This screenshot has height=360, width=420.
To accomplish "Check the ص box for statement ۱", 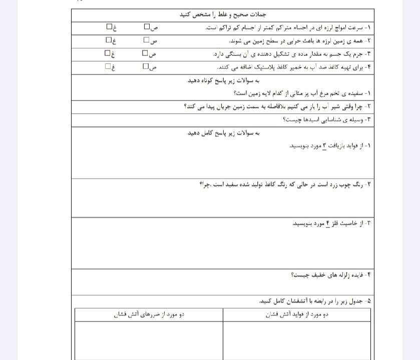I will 147,26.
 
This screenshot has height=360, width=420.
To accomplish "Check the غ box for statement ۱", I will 109,26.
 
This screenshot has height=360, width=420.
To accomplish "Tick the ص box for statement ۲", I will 146,39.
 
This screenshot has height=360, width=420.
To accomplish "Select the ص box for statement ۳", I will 145,52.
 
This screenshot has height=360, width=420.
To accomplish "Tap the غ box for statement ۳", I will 108,52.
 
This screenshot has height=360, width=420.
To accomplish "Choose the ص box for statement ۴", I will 146,66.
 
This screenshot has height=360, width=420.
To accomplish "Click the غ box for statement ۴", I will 108,66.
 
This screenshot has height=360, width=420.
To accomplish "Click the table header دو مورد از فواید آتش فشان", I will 296,314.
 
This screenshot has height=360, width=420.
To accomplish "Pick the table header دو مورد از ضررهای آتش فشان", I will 149,314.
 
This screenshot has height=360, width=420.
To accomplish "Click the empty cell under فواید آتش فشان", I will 296,340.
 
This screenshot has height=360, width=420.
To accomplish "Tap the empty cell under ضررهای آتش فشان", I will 149,340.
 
